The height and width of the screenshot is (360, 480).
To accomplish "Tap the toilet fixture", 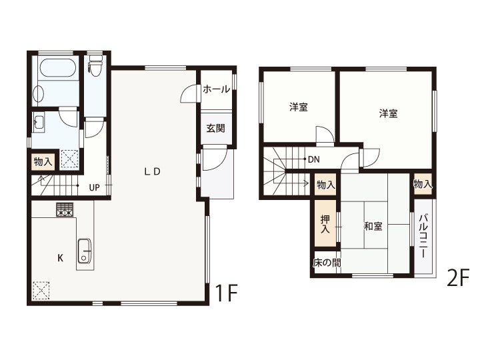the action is pyautogui.click(x=95, y=65).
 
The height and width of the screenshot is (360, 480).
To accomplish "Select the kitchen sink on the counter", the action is pyautogui.click(x=85, y=251).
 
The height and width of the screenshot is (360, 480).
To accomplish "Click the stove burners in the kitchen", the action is pyautogui.click(x=65, y=210).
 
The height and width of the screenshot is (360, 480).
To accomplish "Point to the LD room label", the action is pyautogui.click(x=152, y=172).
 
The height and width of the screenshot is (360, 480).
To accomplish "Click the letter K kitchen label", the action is pyautogui.click(x=61, y=258).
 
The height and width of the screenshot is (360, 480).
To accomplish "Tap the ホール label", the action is pyautogui.click(x=216, y=89).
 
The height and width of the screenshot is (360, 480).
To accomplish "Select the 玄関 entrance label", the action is pyautogui.click(x=215, y=128).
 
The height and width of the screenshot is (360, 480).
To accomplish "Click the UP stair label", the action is pyautogui.click(x=94, y=187).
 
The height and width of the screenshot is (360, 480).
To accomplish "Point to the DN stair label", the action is pyautogui.click(x=314, y=159).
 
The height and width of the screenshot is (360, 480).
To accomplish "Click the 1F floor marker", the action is pyautogui.click(x=226, y=293).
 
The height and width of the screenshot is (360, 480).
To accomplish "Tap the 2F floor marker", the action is pyautogui.click(x=458, y=277).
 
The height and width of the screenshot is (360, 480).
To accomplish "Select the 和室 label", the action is pyautogui.click(x=373, y=226).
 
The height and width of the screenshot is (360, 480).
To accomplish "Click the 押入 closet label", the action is pyautogui.click(x=325, y=225).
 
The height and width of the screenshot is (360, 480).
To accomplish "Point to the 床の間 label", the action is pyautogui.click(x=327, y=263).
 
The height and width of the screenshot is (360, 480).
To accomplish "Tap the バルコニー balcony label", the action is pyautogui.click(x=423, y=236).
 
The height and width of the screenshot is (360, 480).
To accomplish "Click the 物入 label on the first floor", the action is pyautogui.click(x=43, y=161).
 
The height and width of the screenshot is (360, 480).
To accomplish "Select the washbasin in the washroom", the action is pyautogui.click(x=39, y=123).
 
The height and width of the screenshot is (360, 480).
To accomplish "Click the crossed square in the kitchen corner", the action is pyautogui.click(x=41, y=290).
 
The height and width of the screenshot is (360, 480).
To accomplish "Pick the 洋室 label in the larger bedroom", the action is pyautogui.click(x=389, y=113).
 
